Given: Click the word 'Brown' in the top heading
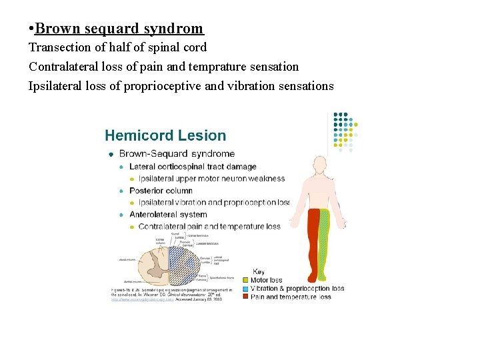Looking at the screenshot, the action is point(56,29).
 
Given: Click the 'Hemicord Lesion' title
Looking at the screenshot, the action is point(165,136).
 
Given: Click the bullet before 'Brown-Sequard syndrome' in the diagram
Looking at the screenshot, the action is point(111,154).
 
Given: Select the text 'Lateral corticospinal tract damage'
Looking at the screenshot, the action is point(193,167).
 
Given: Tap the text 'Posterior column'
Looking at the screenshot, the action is point(161,191).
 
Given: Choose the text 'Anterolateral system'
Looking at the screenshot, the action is point(168,215).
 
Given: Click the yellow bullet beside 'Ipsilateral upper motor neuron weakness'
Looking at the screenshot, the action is point(132,179).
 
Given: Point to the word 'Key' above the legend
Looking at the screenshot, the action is point(258,272).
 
